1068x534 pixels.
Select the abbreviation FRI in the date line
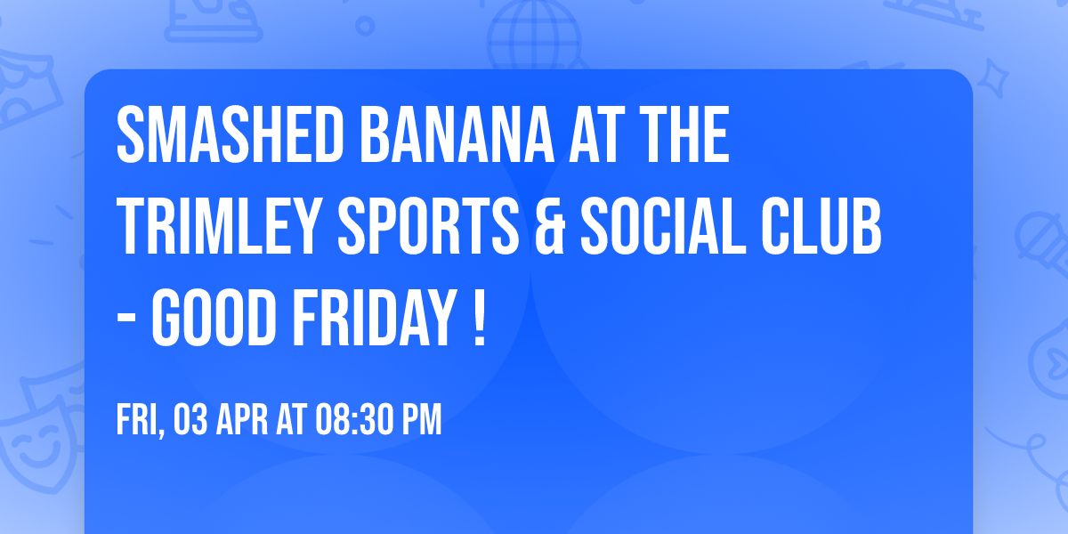(137, 421)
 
